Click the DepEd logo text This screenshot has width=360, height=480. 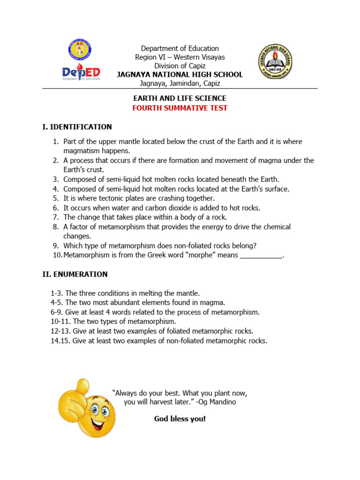[81, 73]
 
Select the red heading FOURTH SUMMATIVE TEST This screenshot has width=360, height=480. [180, 108]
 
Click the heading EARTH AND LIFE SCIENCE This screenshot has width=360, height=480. [180, 98]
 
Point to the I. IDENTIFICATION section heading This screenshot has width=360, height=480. [77, 127]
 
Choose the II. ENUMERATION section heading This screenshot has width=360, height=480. [75, 274]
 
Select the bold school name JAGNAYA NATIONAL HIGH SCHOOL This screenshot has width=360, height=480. [180, 75]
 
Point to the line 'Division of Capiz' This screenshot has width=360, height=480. [180, 66]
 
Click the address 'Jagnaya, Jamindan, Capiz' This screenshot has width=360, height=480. [180, 83]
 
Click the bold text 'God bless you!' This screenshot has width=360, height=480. [180, 419]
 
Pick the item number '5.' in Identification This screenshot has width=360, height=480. [55, 198]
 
